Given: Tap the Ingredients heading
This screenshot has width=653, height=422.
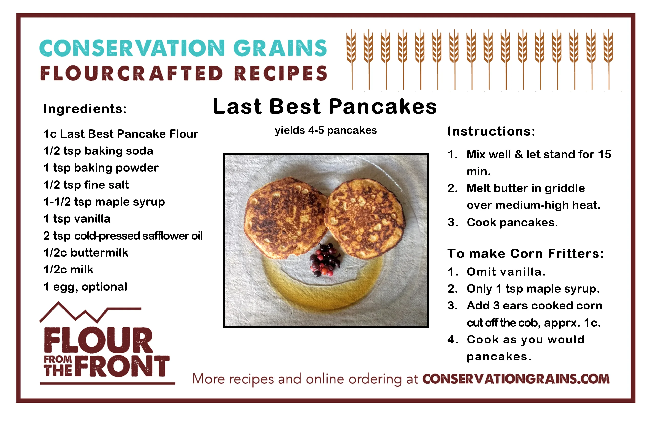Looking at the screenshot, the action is [85, 109].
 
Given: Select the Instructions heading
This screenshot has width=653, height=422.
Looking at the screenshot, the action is [491, 131].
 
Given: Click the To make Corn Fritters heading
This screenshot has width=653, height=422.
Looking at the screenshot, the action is [526, 253].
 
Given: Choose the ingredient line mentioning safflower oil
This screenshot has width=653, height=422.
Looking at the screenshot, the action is [123, 236].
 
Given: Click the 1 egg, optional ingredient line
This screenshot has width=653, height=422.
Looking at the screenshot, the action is [85, 287].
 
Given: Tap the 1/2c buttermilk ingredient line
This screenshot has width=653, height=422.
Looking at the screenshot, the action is [86, 253].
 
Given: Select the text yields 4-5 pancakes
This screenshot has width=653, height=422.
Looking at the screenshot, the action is [326, 130].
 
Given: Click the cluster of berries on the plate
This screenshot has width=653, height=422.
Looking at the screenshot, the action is [325, 260].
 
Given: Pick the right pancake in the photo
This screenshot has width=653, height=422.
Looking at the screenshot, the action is [364, 219].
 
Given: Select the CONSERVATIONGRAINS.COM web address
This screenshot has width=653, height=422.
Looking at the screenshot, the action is [516, 379].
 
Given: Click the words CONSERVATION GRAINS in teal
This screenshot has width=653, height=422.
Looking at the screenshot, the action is [183, 48].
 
